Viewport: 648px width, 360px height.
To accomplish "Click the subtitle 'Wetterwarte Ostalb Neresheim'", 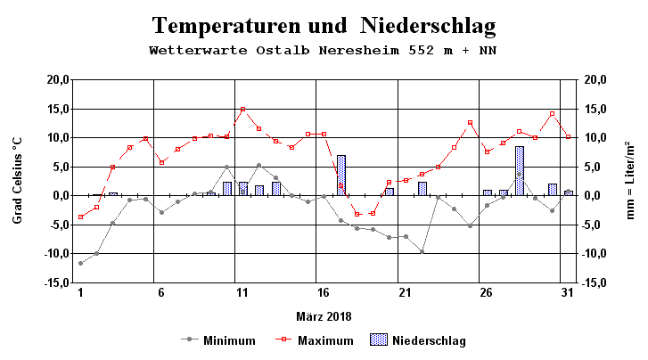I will click(x=323, y=50).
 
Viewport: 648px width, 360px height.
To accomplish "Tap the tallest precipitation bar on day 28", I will click(x=519, y=171).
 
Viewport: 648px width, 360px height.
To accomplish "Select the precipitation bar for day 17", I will click(x=340, y=176).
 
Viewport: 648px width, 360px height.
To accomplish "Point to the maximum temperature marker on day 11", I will click(x=242, y=109).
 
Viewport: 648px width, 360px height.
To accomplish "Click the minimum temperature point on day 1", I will click(x=80, y=263).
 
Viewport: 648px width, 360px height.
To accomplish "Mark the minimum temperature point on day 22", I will click(x=422, y=251).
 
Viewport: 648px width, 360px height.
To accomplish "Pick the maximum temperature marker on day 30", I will click(x=552, y=114).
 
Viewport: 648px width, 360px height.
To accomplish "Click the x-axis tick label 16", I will click(x=324, y=292).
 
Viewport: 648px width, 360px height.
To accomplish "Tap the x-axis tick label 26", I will click(x=486, y=292).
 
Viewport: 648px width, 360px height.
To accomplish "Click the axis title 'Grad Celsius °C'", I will click(x=18, y=181).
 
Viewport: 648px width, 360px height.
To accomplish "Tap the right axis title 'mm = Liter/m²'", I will click(x=630, y=181).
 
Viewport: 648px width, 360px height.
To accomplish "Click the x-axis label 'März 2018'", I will click(x=324, y=315).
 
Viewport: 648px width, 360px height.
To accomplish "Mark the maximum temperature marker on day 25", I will click(x=470, y=123).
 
